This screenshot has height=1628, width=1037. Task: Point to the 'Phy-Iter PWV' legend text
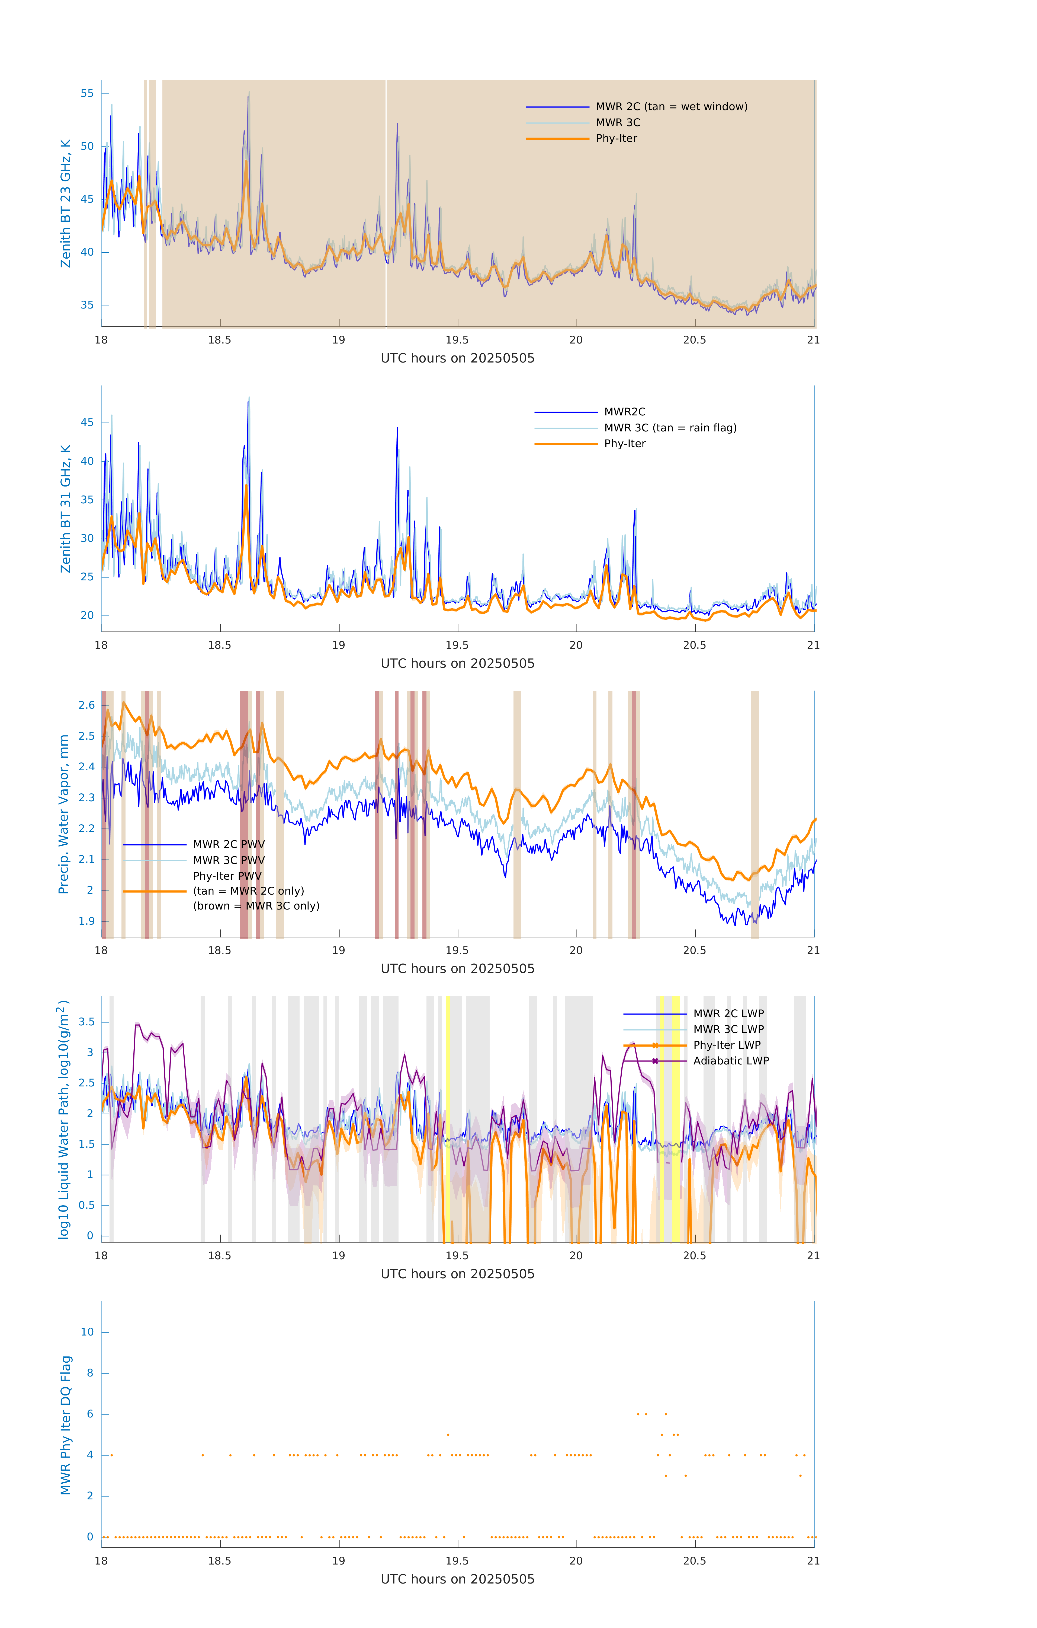pos(227,876)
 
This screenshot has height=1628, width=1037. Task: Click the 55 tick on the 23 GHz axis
pos(87,93)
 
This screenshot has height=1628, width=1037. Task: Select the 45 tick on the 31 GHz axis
pos(87,422)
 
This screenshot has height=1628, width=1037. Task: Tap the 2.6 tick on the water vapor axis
pos(86,705)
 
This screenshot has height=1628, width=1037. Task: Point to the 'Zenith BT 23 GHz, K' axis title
pos(66,203)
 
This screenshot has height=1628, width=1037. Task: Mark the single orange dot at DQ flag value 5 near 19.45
pos(448,1435)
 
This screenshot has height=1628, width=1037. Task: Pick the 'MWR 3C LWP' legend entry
pos(728,1030)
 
